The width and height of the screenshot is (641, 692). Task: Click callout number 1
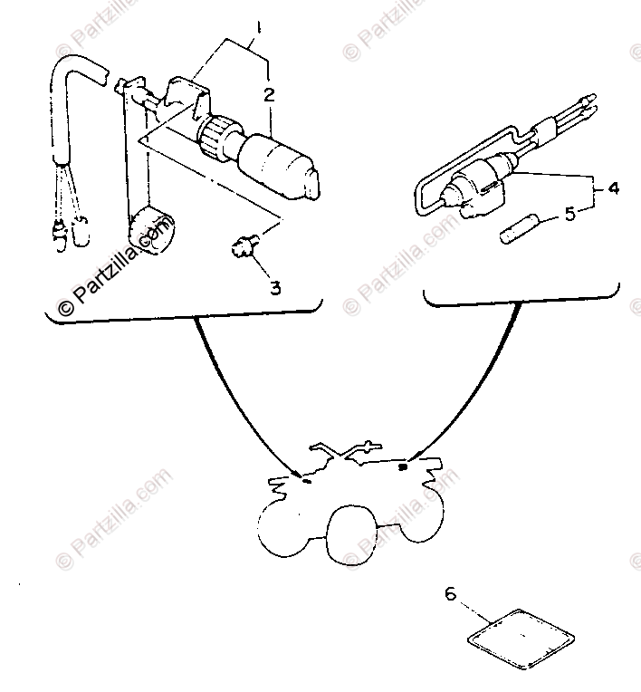click(258, 28)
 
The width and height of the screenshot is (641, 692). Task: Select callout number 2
click(269, 94)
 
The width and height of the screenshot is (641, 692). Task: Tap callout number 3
click(274, 288)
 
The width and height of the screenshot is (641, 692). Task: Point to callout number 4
click(613, 188)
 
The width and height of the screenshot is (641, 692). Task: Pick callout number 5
click(569, 214)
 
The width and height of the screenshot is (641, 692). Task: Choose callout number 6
click(451, 595)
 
